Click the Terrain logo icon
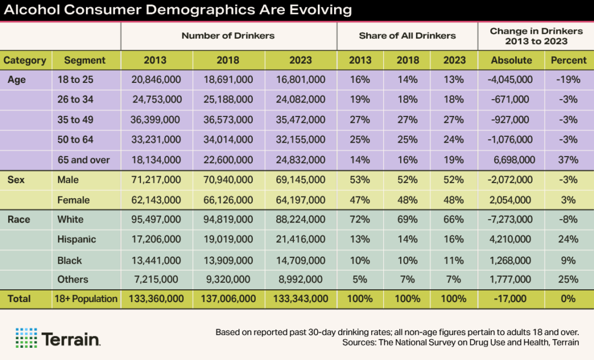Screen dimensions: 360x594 click(x=26, y=337)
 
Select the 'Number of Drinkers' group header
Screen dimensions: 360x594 click(x=228, y=35)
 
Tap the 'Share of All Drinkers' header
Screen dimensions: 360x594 click(x=407, y=35)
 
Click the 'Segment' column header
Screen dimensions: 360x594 click(x=85, y=60)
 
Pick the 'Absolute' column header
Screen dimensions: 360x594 click(x=511, y=60)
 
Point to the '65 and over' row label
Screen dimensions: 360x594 click(x=84, y=160)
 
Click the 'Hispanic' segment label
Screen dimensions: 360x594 click(x=77, y=239)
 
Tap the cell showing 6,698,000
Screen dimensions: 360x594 click(x=511, y=160)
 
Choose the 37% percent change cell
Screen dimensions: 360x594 click(x=568, y=160)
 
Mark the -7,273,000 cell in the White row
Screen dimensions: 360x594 click(x=511, y=220)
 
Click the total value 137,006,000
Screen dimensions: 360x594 click(x=229, y=299)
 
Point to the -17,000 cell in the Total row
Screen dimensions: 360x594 click(x=511, y=299)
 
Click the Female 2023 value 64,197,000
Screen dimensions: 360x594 click(x=300, y=200)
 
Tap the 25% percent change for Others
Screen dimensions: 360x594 click(x=568, y=279)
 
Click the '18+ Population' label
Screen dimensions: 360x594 click(x=87, y=299)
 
